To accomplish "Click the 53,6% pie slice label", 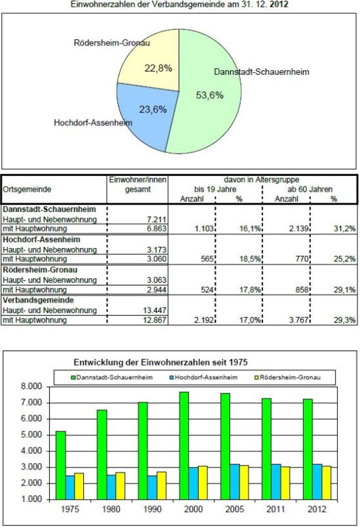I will tap(210, 95).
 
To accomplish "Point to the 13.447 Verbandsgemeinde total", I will tap(154, 310).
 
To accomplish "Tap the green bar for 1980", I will tap(102, 454).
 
